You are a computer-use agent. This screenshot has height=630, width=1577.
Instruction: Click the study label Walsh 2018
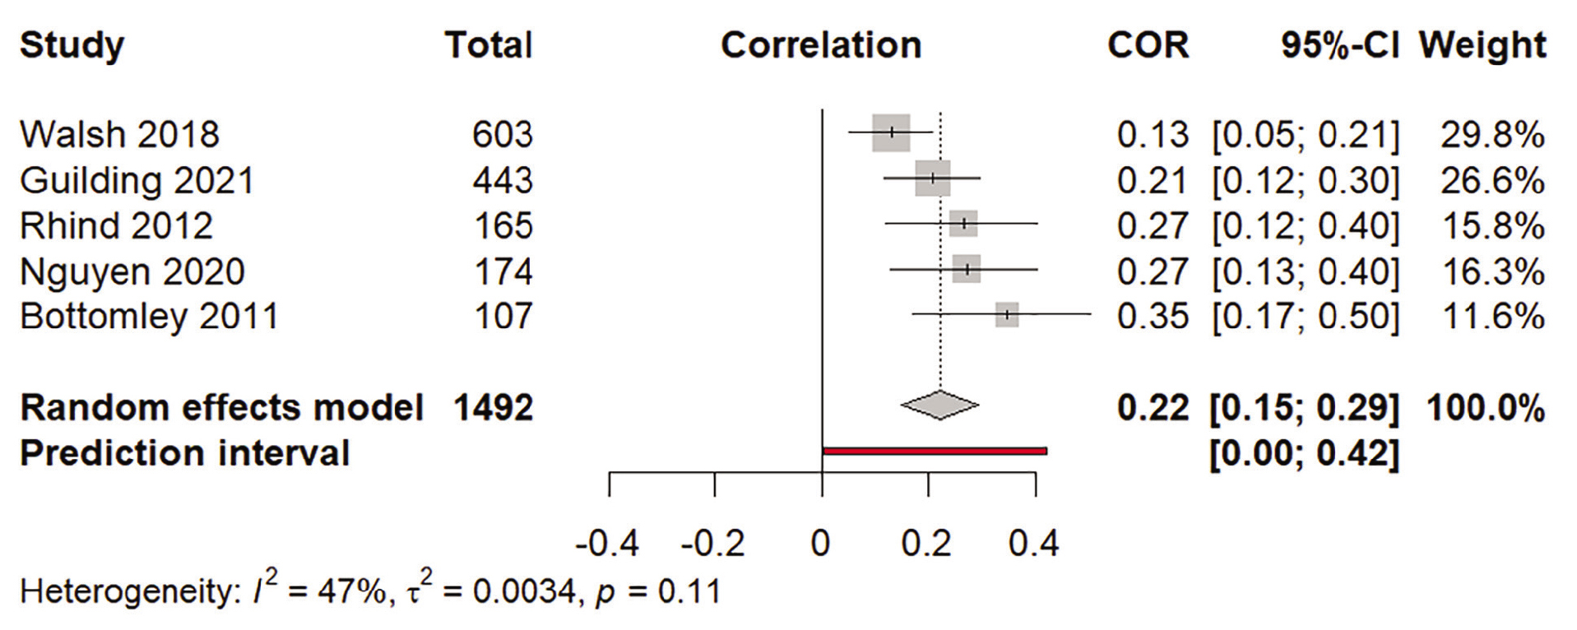(119, 135)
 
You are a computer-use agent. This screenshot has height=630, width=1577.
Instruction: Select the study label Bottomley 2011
(149, 317)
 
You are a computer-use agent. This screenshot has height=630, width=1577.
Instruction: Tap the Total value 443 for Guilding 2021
(502, 181)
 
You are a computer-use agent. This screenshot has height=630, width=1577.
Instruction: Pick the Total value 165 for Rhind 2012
(503, 226)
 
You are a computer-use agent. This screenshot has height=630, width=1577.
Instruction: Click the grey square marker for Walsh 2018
(891, 132)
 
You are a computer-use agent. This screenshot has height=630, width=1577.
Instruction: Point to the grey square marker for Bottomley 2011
(1007, 315)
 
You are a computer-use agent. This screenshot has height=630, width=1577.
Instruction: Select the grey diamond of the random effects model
(939, 405)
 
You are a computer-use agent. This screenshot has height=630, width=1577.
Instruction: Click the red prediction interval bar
(935, 451)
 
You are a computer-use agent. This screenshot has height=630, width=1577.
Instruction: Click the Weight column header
(1482, 45)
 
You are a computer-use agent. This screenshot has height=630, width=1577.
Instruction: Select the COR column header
(1148, 45)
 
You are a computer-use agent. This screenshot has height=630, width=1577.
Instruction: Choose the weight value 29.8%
(1492, 135)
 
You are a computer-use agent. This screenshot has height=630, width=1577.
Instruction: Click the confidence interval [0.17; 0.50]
(1305, 317)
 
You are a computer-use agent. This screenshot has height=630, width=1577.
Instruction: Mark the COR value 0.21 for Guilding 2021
(1153, 181)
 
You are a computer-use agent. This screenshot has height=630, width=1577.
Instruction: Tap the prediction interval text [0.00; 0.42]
(1304, 453)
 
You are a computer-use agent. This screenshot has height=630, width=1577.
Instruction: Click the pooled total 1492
(493, 408)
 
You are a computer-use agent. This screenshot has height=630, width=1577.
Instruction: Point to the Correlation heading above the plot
(821, 45)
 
